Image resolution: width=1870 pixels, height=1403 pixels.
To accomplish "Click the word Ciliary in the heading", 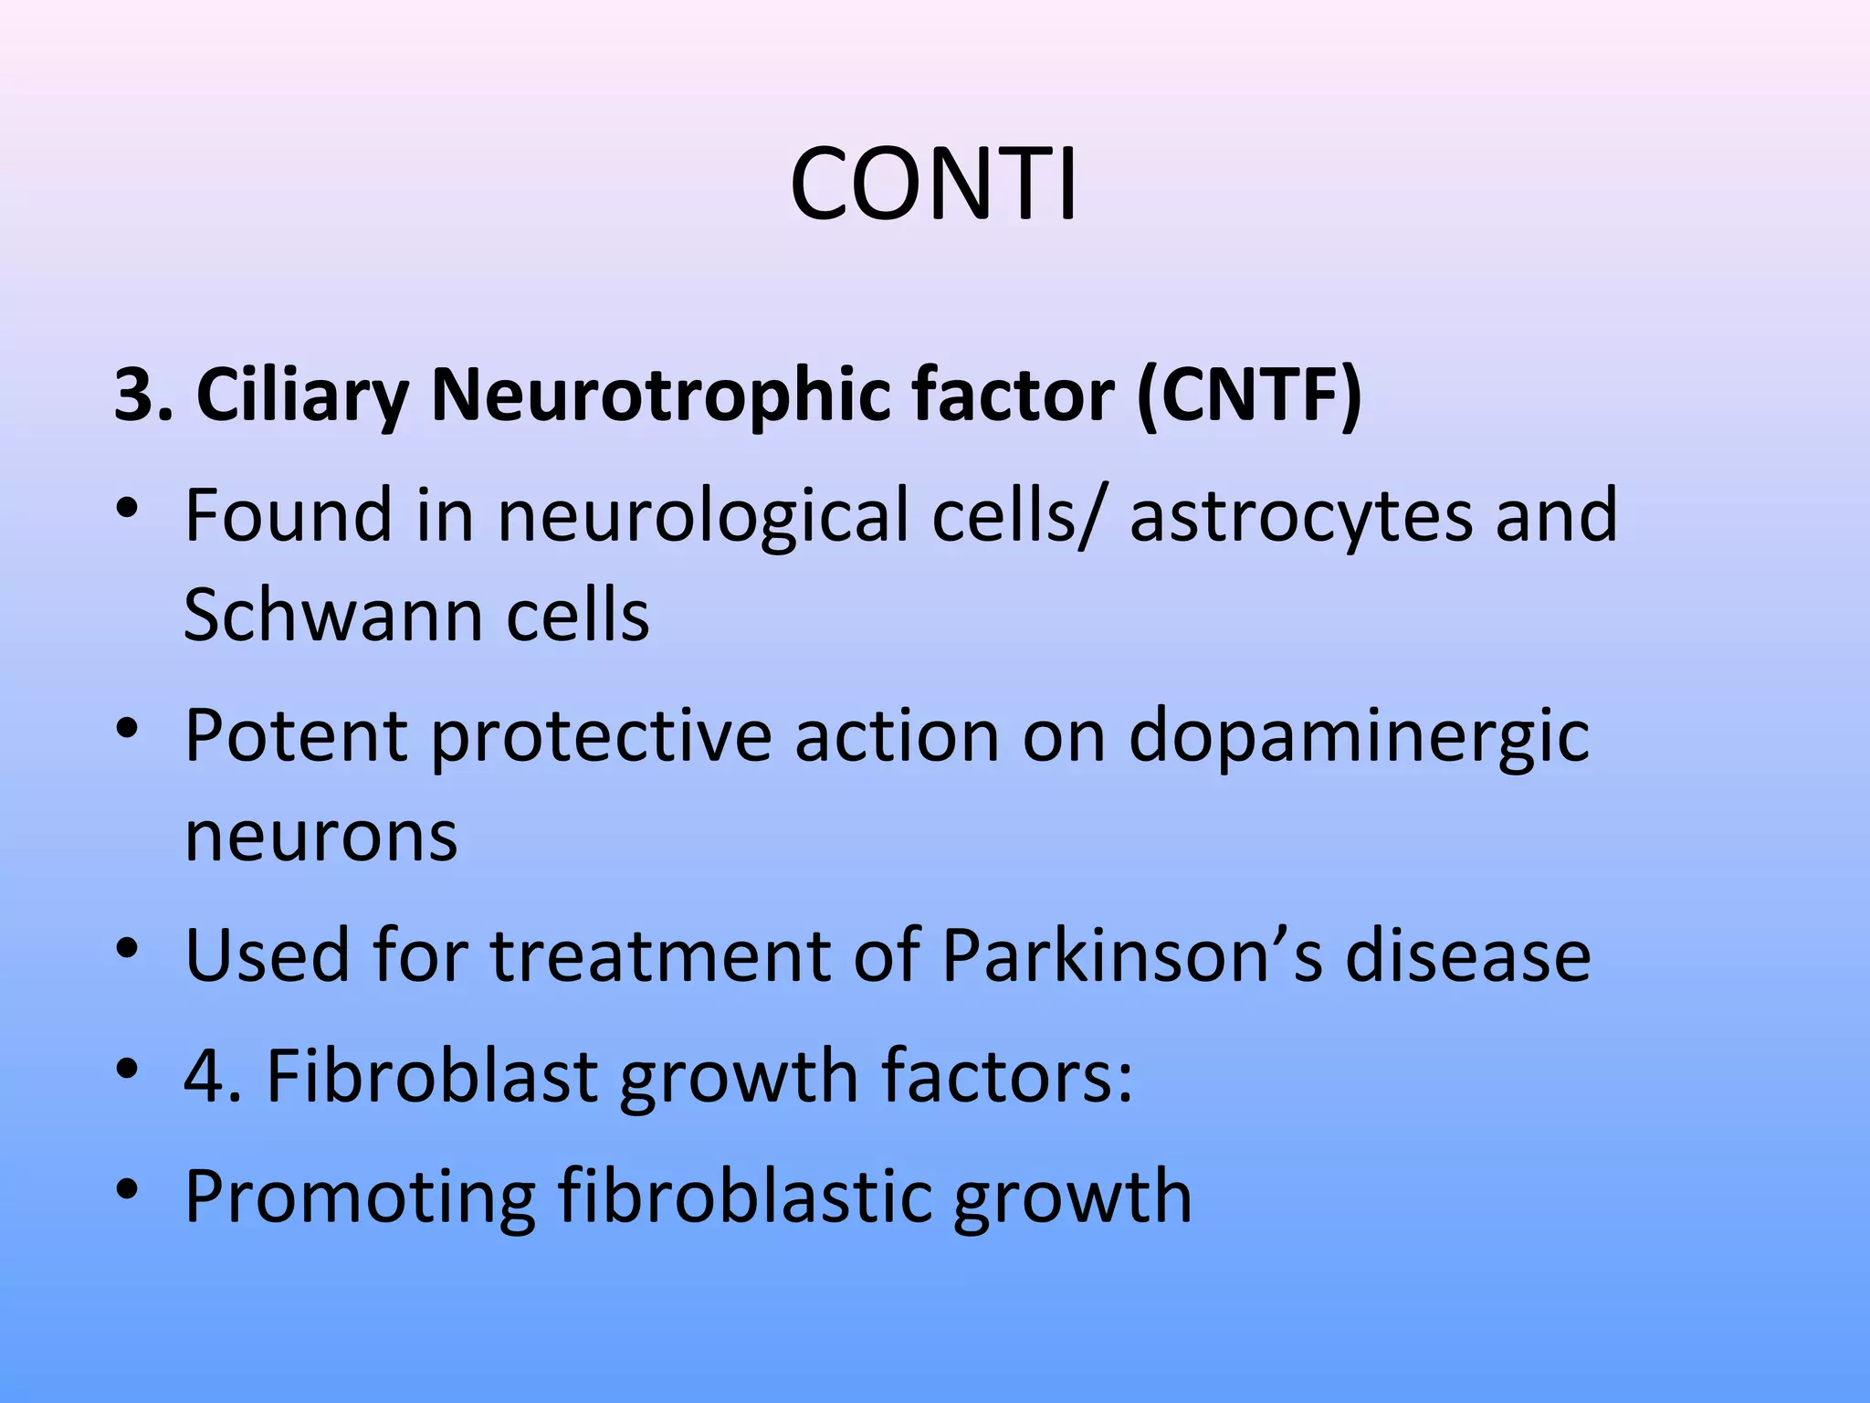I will click(302, 396).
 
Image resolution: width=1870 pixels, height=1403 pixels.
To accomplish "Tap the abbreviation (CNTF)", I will click(1249, 396).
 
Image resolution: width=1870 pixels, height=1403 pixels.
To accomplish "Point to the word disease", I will click(1467, 955).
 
